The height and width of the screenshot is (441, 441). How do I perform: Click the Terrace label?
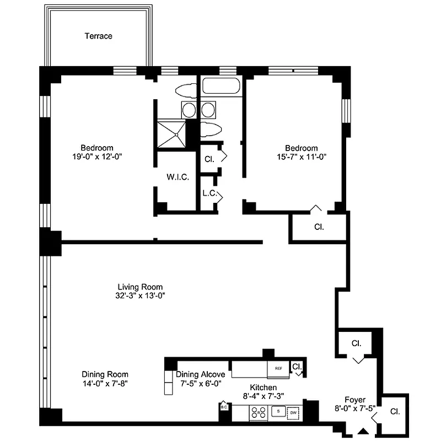pos(98,36)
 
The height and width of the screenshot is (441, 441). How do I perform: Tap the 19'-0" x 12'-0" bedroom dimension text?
pos(97,157)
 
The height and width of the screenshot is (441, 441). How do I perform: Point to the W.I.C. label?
pos(178,178)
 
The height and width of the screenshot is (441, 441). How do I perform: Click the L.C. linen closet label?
pos(208,193)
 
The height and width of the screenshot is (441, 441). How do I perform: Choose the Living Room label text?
pos(140,287)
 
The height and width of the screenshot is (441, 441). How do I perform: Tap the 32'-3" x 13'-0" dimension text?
pos(140,295)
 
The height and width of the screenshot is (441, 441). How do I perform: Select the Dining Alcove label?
pos(201,374)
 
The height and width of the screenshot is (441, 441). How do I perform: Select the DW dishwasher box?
pos(293,412)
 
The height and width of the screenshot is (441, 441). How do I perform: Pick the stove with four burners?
pos(257,412)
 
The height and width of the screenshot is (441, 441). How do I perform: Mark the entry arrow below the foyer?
pos(363,431)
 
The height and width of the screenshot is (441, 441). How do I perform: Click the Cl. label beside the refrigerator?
pos(297,366)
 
